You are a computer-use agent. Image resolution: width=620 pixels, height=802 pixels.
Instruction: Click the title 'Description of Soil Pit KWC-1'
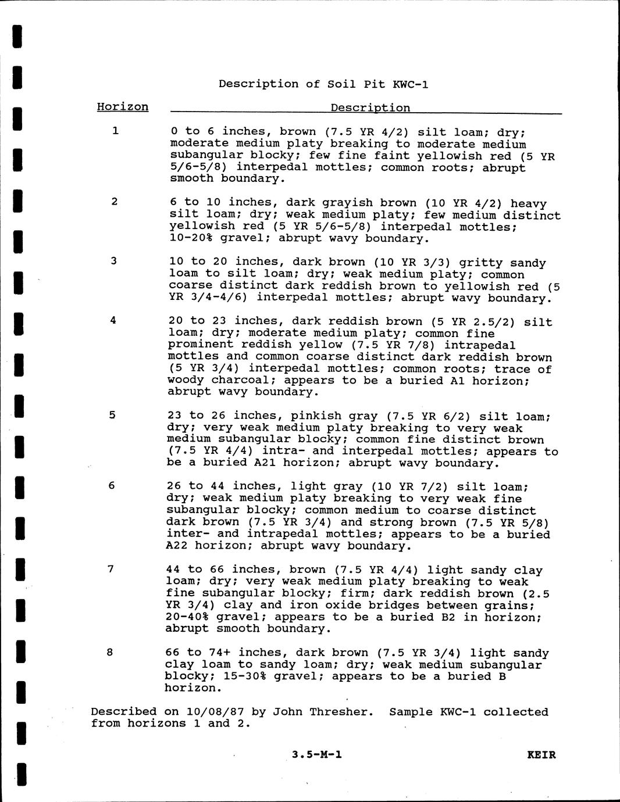323,84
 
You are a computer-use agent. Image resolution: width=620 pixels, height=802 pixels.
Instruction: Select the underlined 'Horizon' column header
122,107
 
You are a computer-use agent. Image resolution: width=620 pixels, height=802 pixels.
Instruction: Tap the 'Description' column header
370,108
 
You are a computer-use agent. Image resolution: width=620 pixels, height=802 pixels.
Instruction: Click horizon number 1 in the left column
116,131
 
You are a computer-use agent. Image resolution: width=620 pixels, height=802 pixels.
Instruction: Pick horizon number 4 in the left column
113,320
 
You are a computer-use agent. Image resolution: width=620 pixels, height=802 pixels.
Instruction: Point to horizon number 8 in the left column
110,651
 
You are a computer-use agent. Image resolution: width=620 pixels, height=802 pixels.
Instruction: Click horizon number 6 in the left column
111,485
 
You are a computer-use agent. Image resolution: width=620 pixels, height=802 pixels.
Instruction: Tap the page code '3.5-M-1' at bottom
317,755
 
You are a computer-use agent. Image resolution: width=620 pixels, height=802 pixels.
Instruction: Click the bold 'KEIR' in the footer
541,755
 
